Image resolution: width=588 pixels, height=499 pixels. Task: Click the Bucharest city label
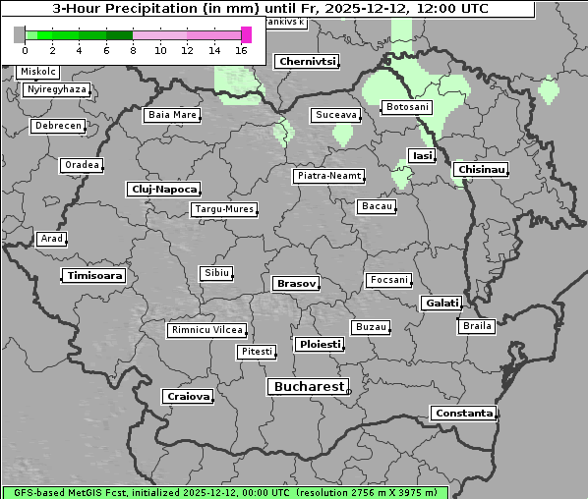click(309, 387)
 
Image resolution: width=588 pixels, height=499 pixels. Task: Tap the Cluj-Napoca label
click(163, 189)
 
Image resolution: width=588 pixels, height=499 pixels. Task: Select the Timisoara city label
click(94, 276)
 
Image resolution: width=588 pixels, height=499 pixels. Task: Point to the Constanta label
click(463, 414)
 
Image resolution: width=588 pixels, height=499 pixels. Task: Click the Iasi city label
click(421, 155)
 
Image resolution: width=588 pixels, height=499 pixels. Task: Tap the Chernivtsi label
click(307, 62)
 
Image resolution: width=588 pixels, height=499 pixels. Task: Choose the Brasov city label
click(296, 283)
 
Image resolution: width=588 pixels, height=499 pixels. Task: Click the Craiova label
click(188, 396)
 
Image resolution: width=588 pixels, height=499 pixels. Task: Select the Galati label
click(441, 304)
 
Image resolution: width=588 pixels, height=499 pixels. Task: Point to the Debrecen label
click(57, 126)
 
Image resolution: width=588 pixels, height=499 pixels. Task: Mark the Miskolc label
click(38, 72)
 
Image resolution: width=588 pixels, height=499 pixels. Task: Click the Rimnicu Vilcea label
click(206, 330)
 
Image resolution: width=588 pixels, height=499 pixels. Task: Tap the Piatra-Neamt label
click(328, 176)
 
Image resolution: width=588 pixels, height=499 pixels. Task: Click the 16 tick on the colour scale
click(242, 50)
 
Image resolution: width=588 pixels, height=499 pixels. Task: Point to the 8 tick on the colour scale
click(133, 50)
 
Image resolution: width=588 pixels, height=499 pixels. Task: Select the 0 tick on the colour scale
click(25, 50)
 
